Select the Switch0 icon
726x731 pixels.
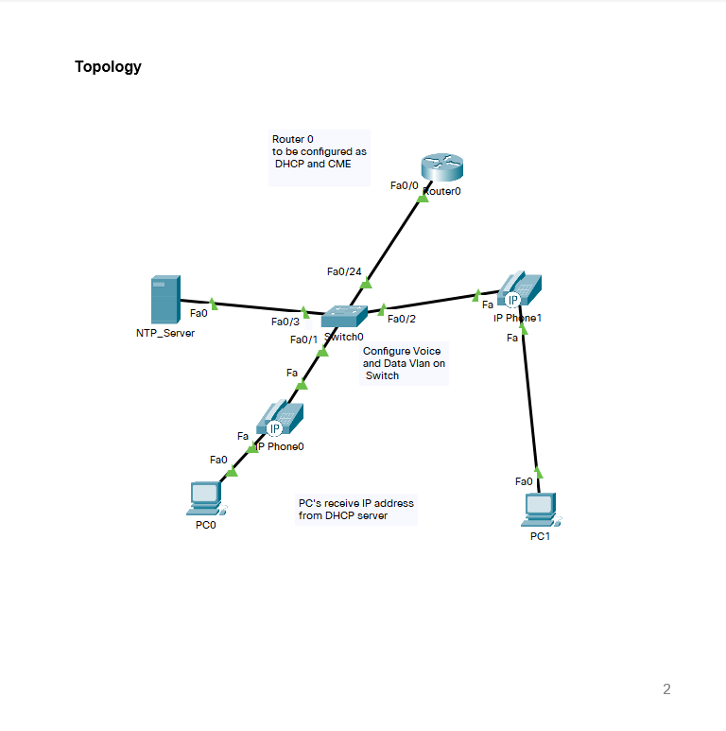click(x=342, y=318)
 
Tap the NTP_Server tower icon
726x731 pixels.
click(x=164, y=300)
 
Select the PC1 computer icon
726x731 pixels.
click(x=541, y=510)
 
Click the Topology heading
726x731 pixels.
click(x=108, y=67)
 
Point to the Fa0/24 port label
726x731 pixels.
click(x=344, y=272)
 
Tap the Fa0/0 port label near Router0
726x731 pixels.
click(x=404, y=185)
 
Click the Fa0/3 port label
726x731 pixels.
click(x=285, y=322)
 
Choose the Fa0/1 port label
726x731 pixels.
click(x=303, y=339)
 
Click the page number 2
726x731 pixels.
click(x=666, y=689)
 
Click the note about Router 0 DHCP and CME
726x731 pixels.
click(x=319, y=151)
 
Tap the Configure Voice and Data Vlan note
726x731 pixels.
click(x=403, y=363)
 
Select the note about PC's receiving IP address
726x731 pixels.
click(x=355, y=510)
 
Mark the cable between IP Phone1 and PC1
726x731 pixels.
click(x=530, y=402)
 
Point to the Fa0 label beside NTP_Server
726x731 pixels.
click(x=199, y=313)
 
